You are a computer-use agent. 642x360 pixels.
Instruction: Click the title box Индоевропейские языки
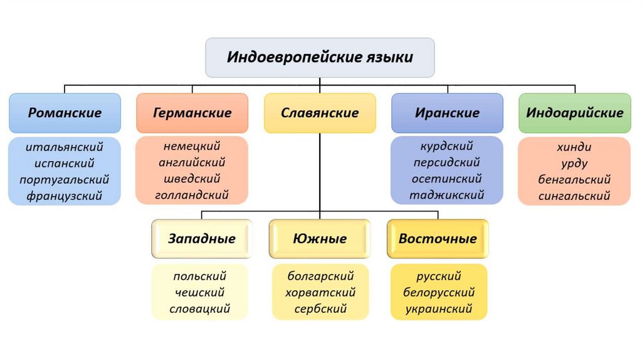tap(320, 58)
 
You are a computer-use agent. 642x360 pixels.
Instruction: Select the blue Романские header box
tap(65, 113)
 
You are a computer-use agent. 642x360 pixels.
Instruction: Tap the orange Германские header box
tap(192, 113)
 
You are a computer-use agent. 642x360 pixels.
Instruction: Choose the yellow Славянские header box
tap(320, 113)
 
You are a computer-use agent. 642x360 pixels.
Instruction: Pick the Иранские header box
tap(447, 113)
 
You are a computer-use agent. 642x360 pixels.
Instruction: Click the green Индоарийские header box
tap(574, 113)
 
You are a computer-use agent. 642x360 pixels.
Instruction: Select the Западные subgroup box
tap(201, 238)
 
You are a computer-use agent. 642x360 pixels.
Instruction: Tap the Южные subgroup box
tap(320, 238)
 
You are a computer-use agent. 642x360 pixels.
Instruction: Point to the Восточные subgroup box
tap(438, 238)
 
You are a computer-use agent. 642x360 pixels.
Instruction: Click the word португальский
tap(65, 179)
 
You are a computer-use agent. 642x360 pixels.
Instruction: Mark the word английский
tap(192, 162)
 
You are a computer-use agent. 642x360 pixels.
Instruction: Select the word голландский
tap(192, 195)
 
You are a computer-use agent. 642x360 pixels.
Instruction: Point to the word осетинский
tap(447, 179)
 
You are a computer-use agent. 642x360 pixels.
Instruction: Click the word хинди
tap(574, 147)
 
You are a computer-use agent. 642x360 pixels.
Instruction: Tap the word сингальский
tap(574, 196)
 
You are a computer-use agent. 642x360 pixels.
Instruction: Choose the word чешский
tap(199, 292)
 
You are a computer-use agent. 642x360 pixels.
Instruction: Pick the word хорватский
tap(320, 292)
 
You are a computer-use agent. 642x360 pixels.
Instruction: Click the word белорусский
tap(439, 292)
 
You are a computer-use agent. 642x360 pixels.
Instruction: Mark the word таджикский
tap(447, 195)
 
